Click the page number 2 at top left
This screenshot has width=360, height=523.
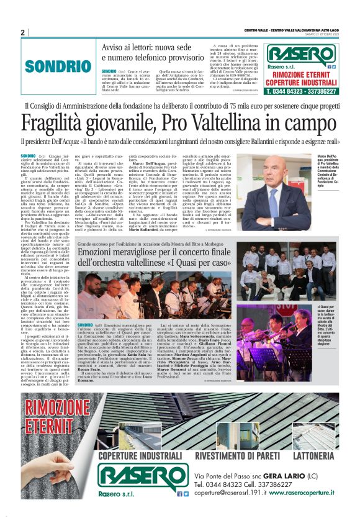click(x=23, y=32)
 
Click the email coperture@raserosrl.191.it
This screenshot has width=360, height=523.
click(x=230, y=509)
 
